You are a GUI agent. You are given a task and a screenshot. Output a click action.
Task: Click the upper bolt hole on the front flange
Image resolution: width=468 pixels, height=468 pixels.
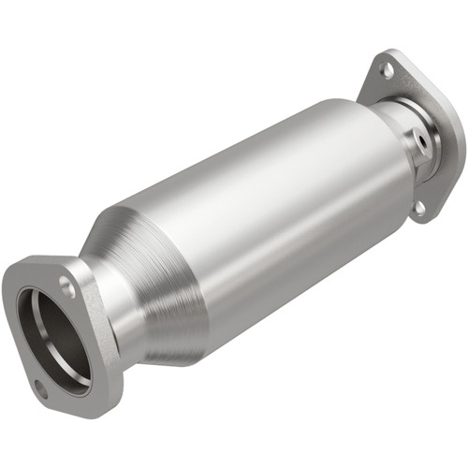tap(67, 288)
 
